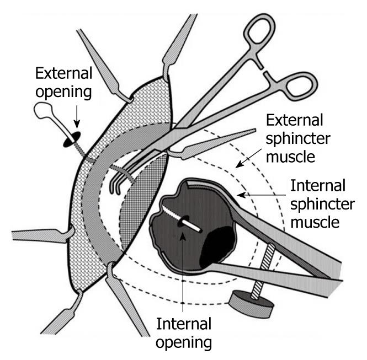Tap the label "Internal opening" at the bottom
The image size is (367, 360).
pyautogui.click(x=184, y=331)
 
